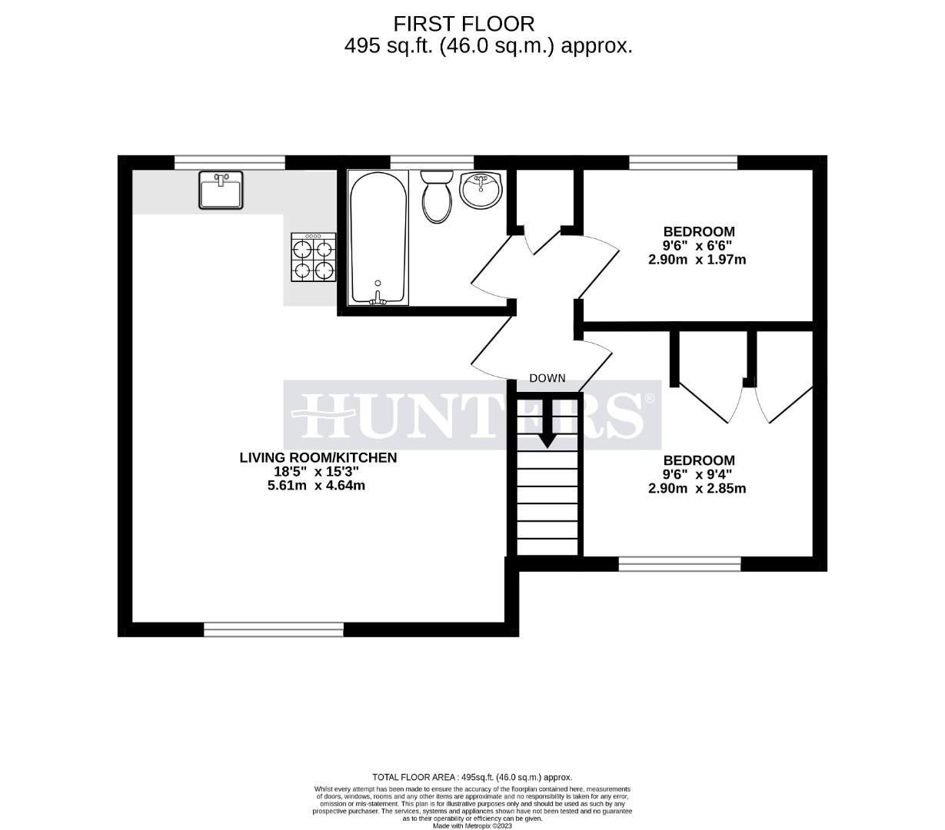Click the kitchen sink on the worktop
click(221, 190)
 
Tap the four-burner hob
click(312, 259)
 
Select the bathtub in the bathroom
click(378, 237)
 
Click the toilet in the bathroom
click(438, 196)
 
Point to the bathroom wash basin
click(481, 189)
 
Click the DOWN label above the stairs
click(547, 378)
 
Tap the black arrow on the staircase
click(547, 423)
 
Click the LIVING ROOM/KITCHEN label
click(318, 458)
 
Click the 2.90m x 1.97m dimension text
click(697, 260)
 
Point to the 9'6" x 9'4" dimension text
click(697, 475)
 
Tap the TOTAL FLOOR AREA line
click(472, 778)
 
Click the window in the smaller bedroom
click(683, 162)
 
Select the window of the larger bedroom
click(680, 565)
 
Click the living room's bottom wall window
click(274, 630)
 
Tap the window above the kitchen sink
click(230, 162)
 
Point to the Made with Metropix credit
click(472, 826)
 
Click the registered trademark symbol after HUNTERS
click(650, 399)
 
